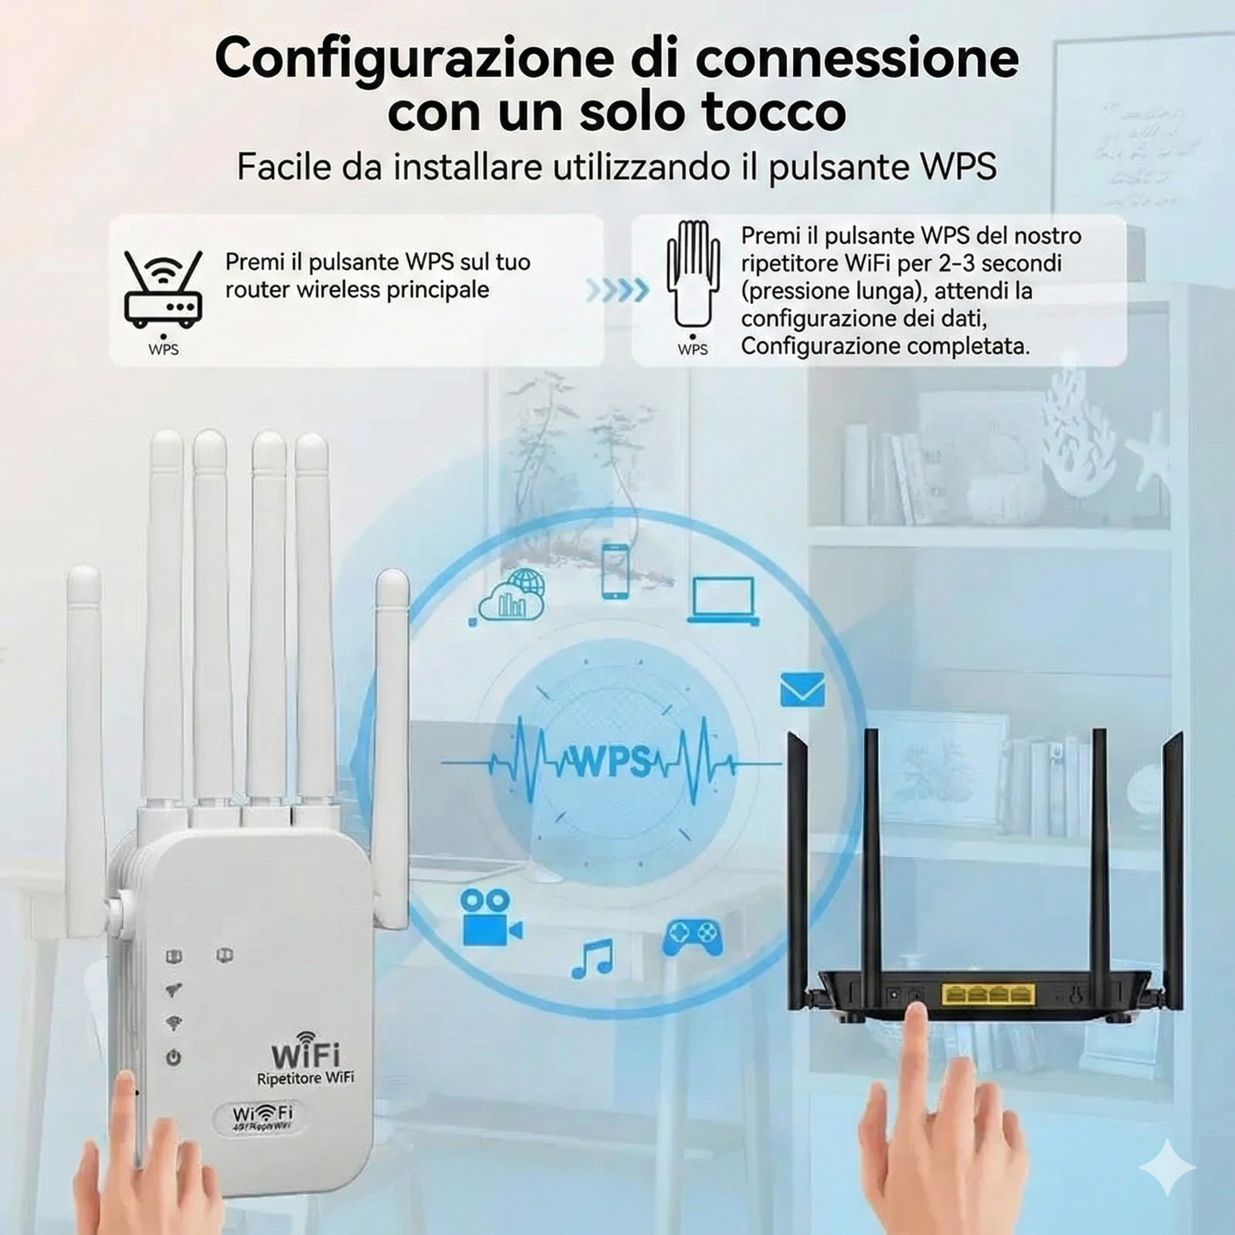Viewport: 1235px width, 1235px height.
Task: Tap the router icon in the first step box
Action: (x=162, y=291)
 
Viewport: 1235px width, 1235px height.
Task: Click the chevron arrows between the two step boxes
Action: (x=617, y=291)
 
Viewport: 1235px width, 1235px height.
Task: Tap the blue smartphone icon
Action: (x=615, y=571)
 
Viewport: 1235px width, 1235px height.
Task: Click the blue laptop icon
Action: (x=723, y=600)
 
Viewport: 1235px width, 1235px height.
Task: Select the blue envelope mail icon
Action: (x=803, y=690)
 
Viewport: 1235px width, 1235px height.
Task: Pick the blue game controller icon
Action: (x=692, y=937)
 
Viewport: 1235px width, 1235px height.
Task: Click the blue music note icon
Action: (x=592, y=958)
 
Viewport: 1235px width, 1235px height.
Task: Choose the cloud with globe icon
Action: (x=513, y=596)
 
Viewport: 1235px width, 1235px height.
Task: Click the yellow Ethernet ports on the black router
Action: (x=987, y=994)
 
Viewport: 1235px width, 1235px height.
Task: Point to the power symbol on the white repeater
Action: (x=173, y=1058)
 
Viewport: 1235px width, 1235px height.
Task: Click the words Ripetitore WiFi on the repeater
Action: (x=305, y=1079)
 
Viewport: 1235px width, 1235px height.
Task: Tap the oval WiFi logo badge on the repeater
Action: (x=263, y=1116)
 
